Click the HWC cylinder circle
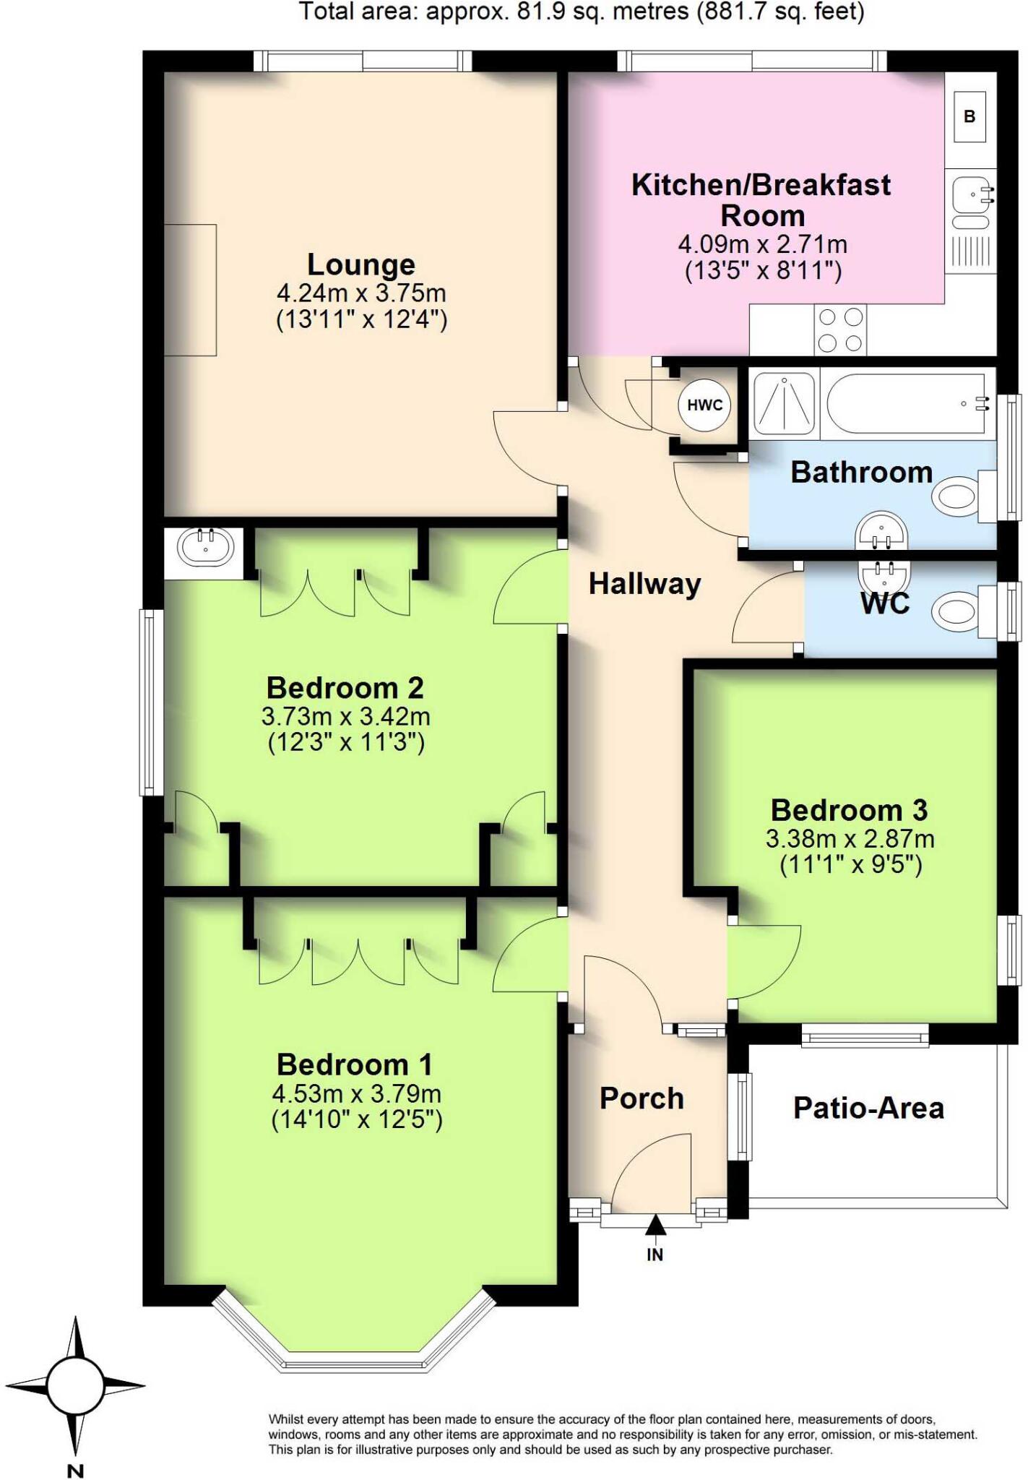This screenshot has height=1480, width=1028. point(704,405)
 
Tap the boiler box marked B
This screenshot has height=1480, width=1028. point(969,116)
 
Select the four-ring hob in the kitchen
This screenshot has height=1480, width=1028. point(841,330)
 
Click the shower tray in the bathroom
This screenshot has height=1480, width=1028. point(784,403)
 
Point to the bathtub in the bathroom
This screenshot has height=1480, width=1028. point(905,403)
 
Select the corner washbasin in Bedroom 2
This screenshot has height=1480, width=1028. point(206,547)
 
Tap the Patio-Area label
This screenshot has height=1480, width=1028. point(868,1108)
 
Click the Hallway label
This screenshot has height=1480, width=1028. point(644,584)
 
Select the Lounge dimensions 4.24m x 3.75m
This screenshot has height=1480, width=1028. point(361,293)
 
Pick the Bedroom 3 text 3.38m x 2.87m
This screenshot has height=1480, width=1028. point(850,839)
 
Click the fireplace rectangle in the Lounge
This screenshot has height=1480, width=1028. point(190,290)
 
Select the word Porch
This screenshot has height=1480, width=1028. point(642,1098)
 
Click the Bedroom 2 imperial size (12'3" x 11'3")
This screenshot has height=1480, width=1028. point(346,743)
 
